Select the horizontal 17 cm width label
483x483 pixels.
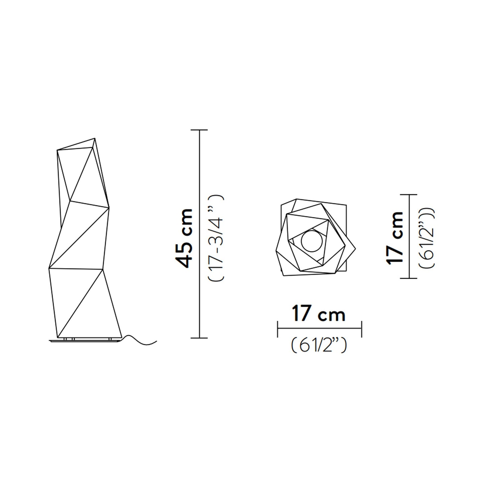point(319,315)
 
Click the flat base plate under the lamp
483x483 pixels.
point(85,341)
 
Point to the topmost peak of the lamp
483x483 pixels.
point(95,138)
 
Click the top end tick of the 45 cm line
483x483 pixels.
point(200,130)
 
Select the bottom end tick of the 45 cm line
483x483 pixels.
point(200,338)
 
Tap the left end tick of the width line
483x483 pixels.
point(278,329)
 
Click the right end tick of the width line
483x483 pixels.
point(361,329)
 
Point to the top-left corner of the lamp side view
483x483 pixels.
point(57,150)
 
